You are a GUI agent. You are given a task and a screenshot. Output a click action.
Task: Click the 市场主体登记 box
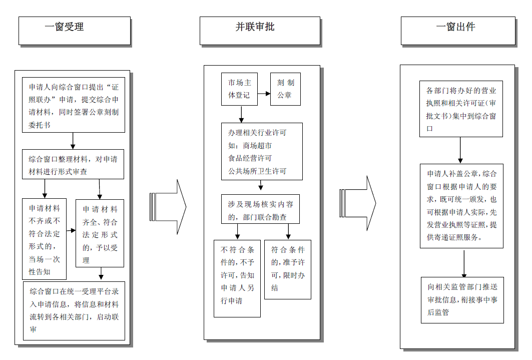pos(239,89)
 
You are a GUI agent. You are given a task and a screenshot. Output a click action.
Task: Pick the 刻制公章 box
pos(286,89)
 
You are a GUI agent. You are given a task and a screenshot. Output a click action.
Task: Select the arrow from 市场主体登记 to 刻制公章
pos(264,94)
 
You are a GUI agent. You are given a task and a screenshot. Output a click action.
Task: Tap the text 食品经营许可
pos(250,158)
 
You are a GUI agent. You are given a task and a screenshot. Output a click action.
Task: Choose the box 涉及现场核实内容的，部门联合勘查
pos(260,209)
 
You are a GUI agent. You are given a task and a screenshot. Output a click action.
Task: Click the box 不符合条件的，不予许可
pos(237,278)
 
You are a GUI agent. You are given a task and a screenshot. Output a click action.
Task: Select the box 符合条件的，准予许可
pos(288,269)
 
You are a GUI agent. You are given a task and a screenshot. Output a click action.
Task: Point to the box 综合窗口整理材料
pos(73,164)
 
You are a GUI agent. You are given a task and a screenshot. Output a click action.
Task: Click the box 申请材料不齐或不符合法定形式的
pos(44,239)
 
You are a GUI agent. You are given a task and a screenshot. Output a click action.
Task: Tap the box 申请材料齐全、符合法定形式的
pos(100,233)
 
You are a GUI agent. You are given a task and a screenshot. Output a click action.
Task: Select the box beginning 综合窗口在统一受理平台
pos(74,310)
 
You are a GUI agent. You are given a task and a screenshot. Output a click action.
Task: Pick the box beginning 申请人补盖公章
pos(461,206)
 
